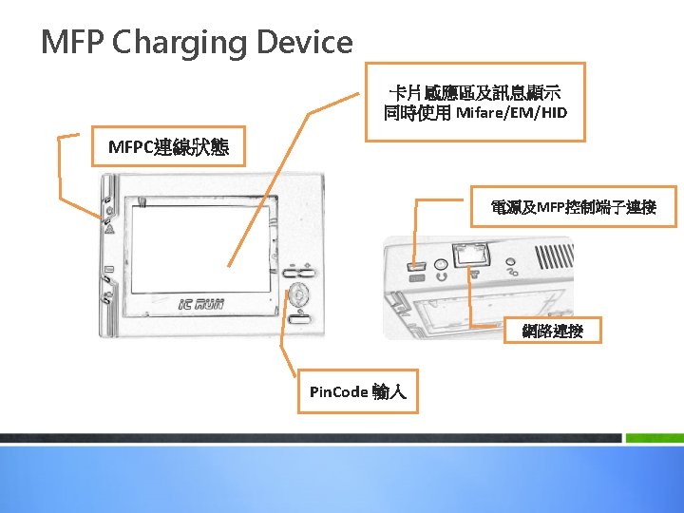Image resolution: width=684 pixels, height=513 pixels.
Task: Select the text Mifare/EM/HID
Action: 511,114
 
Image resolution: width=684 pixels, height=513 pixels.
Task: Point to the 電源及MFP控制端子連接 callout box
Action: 573,206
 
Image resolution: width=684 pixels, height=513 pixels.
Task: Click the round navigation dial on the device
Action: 300,294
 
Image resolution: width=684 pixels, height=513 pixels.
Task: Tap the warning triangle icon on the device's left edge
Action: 109,229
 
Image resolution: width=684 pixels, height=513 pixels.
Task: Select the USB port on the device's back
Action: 414,265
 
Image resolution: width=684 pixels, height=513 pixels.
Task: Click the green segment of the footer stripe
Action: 653,438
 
